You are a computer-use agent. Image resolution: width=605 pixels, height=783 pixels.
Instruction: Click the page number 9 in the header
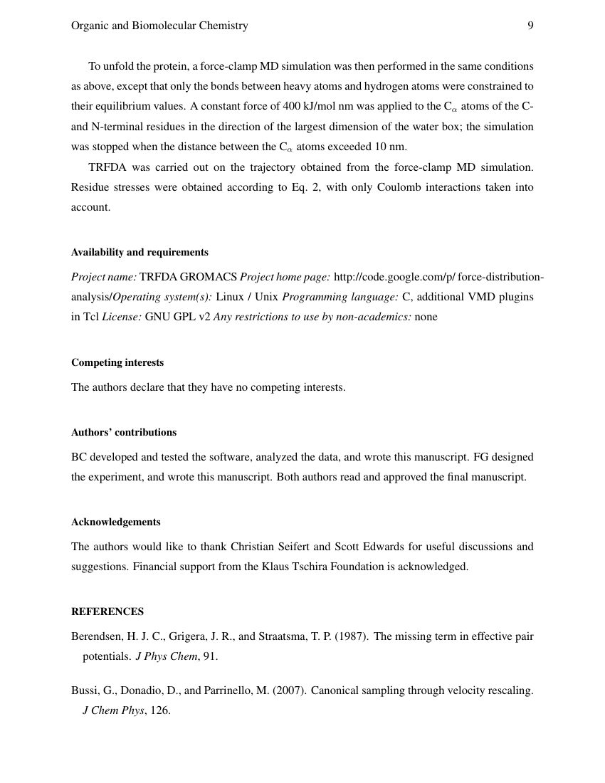click(x=530, y=26)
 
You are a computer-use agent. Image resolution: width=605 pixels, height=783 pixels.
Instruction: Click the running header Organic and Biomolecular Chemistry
click(x=159, y=26)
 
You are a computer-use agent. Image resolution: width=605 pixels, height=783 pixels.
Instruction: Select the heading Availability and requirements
click(x=140, y=252)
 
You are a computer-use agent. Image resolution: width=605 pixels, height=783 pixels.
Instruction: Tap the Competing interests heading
click(x=117, y=362)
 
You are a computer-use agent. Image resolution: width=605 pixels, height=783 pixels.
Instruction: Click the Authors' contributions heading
click(x=124, y=432)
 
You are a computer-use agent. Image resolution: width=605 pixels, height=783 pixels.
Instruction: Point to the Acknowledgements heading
click(x=116, y=522)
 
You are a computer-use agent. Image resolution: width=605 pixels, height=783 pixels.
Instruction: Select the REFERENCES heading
click(x=107, y=611)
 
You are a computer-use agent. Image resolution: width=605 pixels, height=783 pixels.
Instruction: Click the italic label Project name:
click(x=104, y=276)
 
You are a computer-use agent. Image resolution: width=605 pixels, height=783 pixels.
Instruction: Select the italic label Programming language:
click(x=340, y=296)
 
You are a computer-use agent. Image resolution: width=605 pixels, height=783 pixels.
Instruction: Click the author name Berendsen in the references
click(x=95, y=636)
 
